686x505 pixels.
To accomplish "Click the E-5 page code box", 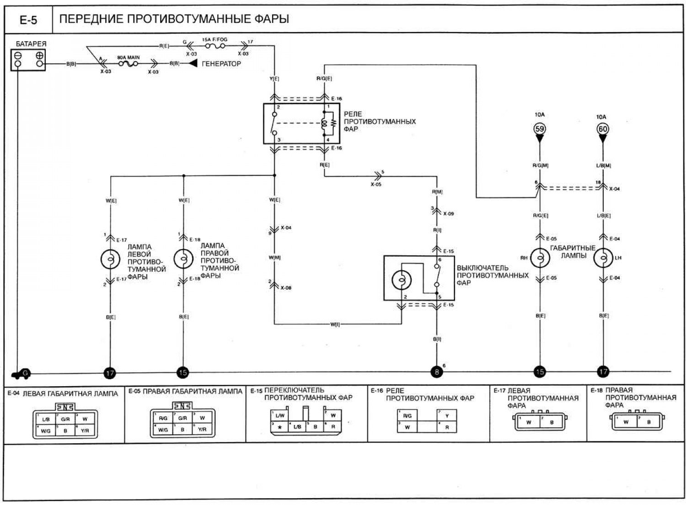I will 28,20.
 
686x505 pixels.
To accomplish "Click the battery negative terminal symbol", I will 18,55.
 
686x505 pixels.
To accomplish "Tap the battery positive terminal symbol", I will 39,55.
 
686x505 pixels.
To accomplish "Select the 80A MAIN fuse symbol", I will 128,64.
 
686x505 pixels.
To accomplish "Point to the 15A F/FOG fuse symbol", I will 214,46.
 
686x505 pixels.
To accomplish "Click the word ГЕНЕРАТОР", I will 221,64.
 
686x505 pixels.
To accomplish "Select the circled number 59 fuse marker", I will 540,129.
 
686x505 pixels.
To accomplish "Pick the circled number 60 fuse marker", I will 603,129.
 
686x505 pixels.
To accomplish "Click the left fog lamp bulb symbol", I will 110,260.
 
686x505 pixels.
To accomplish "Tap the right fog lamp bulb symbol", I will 183,259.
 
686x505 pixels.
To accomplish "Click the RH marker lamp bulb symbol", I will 540,258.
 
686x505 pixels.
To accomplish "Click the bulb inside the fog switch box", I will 401,280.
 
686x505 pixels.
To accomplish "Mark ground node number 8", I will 436,372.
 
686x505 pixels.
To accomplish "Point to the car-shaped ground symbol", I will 20,374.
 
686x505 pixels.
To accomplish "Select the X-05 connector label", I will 376,185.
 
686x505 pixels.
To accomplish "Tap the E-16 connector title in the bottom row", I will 377,391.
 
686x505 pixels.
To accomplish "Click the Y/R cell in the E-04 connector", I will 85,431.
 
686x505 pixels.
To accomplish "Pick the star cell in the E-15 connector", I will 280,427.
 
